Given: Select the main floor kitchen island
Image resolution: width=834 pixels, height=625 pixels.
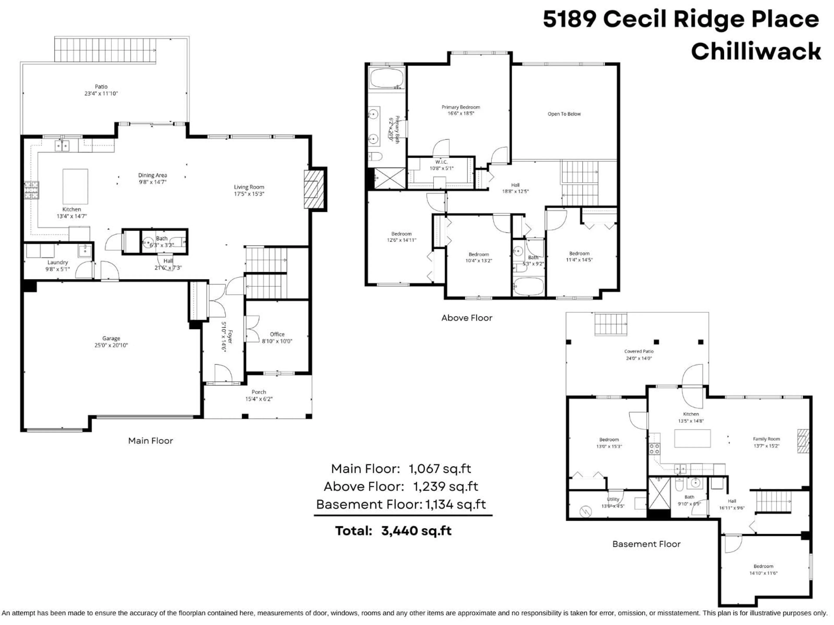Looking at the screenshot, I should coord(75,186).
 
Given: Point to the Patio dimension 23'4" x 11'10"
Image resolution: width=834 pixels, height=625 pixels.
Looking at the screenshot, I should coord(101,94).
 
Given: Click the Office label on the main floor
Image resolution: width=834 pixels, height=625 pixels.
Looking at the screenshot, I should coord(277,334).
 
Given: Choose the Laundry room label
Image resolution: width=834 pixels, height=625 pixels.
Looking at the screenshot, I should coord(58,262).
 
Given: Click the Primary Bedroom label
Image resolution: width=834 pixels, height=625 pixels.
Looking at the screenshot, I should coord(461,107).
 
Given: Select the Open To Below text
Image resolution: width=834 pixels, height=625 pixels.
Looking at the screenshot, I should coord(564,114).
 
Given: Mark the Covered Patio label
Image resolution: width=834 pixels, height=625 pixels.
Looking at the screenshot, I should coord(639,351).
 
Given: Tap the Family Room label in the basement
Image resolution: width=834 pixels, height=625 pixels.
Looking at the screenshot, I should coord(766,439).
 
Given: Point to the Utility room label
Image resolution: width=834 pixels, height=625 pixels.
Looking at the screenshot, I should coord(613,499).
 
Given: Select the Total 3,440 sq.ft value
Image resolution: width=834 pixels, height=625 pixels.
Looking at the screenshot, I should coord(416,531).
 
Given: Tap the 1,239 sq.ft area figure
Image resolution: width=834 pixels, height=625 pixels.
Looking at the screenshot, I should coord(446,486).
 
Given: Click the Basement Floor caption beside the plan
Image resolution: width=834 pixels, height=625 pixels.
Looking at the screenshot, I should coord(646,544).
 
